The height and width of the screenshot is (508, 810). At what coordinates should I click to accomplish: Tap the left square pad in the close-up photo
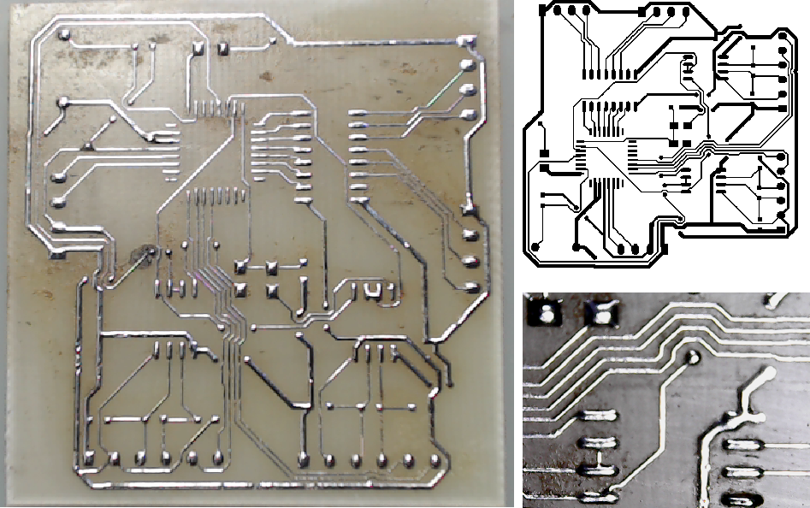(544, 313)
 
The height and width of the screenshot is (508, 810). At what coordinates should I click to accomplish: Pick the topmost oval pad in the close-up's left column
(598, 416)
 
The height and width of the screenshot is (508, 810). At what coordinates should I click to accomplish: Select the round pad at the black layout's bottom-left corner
(535, 246)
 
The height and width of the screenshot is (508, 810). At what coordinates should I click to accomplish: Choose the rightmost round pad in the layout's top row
(684, 12)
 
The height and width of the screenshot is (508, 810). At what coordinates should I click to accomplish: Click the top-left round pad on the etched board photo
(63, 35)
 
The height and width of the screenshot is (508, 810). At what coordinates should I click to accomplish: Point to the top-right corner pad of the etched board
(466, 41)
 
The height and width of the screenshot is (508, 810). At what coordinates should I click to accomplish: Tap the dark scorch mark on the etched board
(139, 254)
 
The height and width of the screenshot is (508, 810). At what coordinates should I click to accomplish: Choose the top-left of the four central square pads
(241, 267)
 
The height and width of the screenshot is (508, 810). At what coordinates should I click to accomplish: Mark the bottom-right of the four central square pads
(272, 291)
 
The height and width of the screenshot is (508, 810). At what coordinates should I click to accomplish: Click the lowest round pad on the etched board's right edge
(469, 286)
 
